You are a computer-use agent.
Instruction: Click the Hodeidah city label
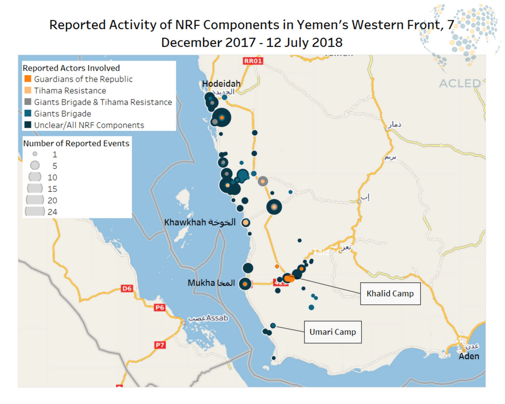point(221,84)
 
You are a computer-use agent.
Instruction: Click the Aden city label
point(469,356)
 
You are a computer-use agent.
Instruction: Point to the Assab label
point(217,318)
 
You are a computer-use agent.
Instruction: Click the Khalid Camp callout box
point(390,293)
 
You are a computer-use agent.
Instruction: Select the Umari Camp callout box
point(333,332)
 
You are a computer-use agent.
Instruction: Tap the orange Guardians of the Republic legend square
point(28,79)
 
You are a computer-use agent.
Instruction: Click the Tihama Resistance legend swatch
point(28,91)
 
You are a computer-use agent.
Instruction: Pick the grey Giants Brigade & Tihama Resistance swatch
point(28,102)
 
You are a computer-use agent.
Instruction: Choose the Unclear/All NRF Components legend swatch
point(28,125)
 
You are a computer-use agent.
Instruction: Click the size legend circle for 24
point(35,212)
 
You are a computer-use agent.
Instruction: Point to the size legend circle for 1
point(34,154)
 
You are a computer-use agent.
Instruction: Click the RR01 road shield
point(253,61)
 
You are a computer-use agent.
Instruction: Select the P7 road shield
point(160,345)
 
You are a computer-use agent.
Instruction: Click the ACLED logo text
point(460,83)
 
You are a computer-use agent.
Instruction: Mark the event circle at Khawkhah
point(245,223)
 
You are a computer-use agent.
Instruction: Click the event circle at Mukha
point(245,284)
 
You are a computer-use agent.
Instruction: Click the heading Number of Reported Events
point(76,143)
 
